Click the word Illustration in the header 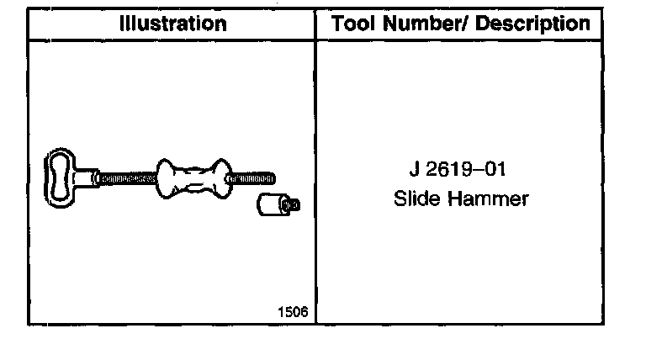tap(173, 24)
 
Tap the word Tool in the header tap(354, 23)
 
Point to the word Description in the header tap(532, 24)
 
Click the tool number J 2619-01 tap(458, 169)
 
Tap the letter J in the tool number tap(415, 169)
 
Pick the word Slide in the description tap(416, 199)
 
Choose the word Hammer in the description tap(488, 199)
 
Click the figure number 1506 tap(293, 312)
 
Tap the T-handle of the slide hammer tap(61, 178)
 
